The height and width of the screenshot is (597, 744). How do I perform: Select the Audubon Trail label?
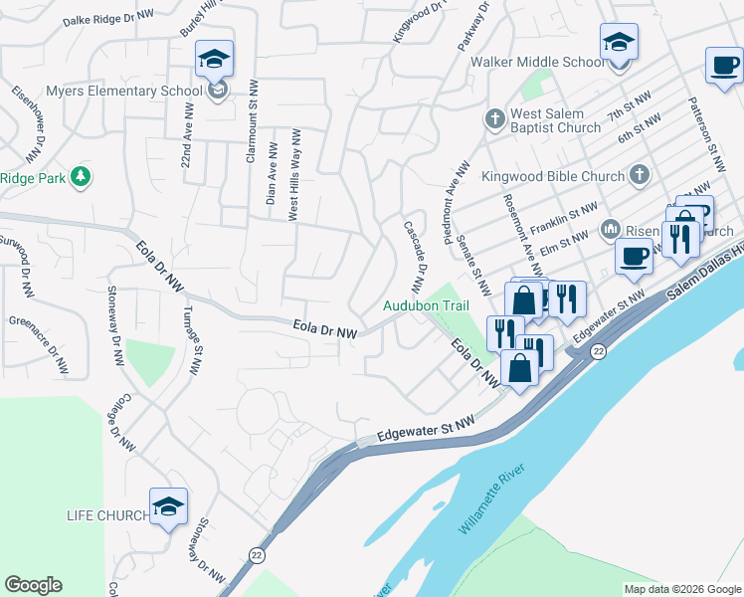coord(425,306)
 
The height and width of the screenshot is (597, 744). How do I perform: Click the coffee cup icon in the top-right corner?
coord(724,67)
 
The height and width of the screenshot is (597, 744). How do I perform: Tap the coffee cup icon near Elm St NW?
coord(633,257)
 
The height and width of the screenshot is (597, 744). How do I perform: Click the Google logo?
coord(33,585)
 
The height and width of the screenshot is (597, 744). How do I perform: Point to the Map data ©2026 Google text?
coord(681,589)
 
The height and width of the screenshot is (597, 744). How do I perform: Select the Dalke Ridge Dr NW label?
coord(108,17)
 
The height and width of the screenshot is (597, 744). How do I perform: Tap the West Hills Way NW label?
coord(295,173)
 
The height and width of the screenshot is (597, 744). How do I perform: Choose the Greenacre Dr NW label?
coord(39,342)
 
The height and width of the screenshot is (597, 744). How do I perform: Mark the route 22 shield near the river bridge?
coord(598,353)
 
